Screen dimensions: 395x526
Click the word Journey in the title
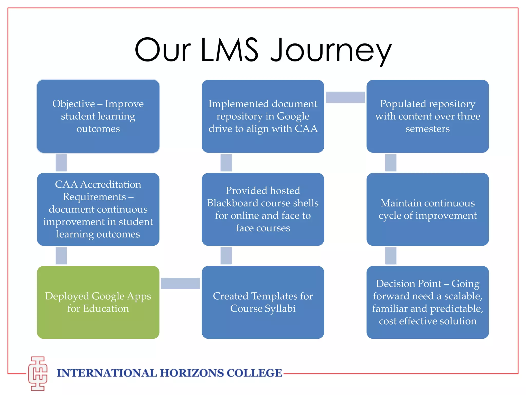tap(331, 50)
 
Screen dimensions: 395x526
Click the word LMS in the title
tap(229, 50)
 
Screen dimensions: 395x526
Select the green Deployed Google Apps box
tap(98, 302)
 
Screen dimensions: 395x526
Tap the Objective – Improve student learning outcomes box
tap(98, 116)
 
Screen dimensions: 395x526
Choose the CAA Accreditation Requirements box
tap(98, 209)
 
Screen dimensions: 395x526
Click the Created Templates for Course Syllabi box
tap(263, 302)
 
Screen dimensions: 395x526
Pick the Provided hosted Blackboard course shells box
tap(263, 209)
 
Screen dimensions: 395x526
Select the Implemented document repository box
tap(263, 116)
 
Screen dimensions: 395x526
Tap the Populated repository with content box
tap(428, 116)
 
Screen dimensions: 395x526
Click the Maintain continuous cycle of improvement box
tap(428, 209)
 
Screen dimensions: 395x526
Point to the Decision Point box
tap(428, 302)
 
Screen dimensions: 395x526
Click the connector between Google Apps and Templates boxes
tap(181, 283)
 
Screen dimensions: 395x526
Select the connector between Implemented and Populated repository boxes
tap(345, 97)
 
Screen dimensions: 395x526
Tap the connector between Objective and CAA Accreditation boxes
tap(61, 163)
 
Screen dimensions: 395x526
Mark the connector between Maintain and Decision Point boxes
tap(391, 256)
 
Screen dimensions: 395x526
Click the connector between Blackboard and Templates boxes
tap(226, 256)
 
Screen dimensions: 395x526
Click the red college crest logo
tap(38, 373)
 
